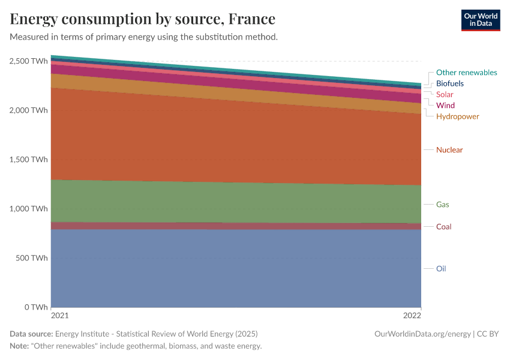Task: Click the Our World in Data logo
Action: (480, 20)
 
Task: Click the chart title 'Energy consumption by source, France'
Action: (143, 19)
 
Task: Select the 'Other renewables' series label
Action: (466, 73)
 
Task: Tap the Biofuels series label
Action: (449, 83)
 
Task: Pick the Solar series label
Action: (445, 94)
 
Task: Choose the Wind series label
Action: (445, 106)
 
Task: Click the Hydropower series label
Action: (457, 116)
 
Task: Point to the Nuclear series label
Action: (449, 150)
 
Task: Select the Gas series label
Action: (442, 205)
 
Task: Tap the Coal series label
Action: (443, 227)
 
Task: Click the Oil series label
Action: (441, 269)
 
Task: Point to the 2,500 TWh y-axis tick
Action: (28, 61)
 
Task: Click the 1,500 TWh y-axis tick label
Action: (28, 160)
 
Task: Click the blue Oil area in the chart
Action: (234, 270)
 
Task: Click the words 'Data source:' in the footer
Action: (31, 334)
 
